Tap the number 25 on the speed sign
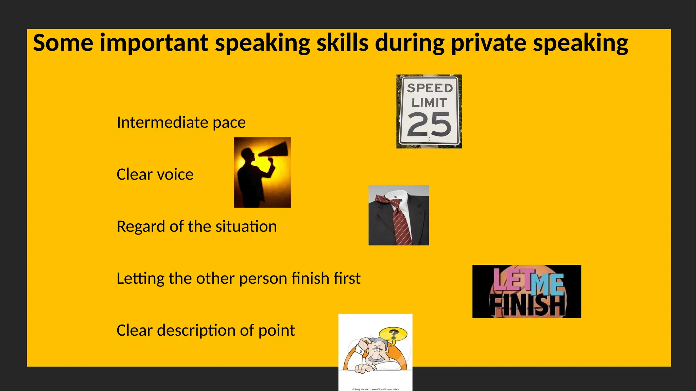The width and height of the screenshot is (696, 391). coord(429,125)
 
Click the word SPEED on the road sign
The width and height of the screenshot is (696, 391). coord(430,88)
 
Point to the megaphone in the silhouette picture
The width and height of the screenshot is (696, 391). coord(274,150)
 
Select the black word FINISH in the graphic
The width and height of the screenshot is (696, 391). coord(527,305)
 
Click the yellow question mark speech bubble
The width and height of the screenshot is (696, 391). coord(393,334)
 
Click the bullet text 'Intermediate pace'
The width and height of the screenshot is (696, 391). coord(181,122)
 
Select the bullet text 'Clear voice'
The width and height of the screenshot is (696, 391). coord(155,174)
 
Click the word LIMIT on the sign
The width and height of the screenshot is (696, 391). coord(429,103)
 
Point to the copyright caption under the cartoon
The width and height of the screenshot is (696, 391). coord(375,389)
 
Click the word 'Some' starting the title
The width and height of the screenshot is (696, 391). coord(63,43)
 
